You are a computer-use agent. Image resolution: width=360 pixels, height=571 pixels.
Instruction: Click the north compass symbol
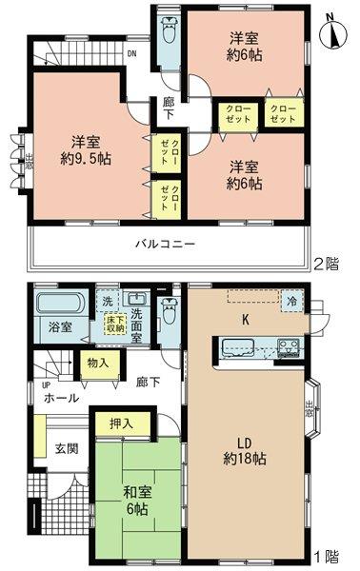tap(331, 33)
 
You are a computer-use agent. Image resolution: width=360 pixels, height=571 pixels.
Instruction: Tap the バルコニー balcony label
tap(164, 244)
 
